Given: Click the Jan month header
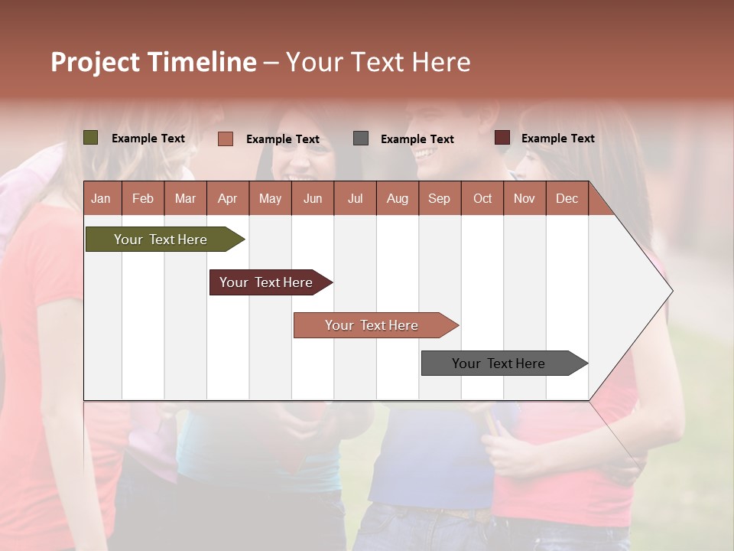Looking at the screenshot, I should (101, 198).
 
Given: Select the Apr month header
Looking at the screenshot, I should (227, 198).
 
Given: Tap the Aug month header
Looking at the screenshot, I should (397, 198).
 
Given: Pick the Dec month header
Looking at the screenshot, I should (567, 198).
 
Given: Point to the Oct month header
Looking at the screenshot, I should (482, 198).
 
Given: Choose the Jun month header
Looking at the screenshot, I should (312, 198).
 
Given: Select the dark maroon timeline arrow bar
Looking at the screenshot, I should (268, 282).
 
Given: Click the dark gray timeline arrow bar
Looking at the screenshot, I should (501, 364).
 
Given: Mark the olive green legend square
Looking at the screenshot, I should (90, 138).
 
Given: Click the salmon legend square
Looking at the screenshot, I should (225, 139).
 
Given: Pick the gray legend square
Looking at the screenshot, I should (360, 138).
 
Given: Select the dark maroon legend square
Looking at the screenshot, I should (502, 138).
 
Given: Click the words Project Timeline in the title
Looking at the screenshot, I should (153, 62).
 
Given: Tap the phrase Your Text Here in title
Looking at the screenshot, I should (378, 62).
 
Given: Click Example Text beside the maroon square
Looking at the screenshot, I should (557, 139).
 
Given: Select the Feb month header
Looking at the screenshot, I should (143, 198).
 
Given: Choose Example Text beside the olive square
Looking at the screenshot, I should (148, 139).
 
